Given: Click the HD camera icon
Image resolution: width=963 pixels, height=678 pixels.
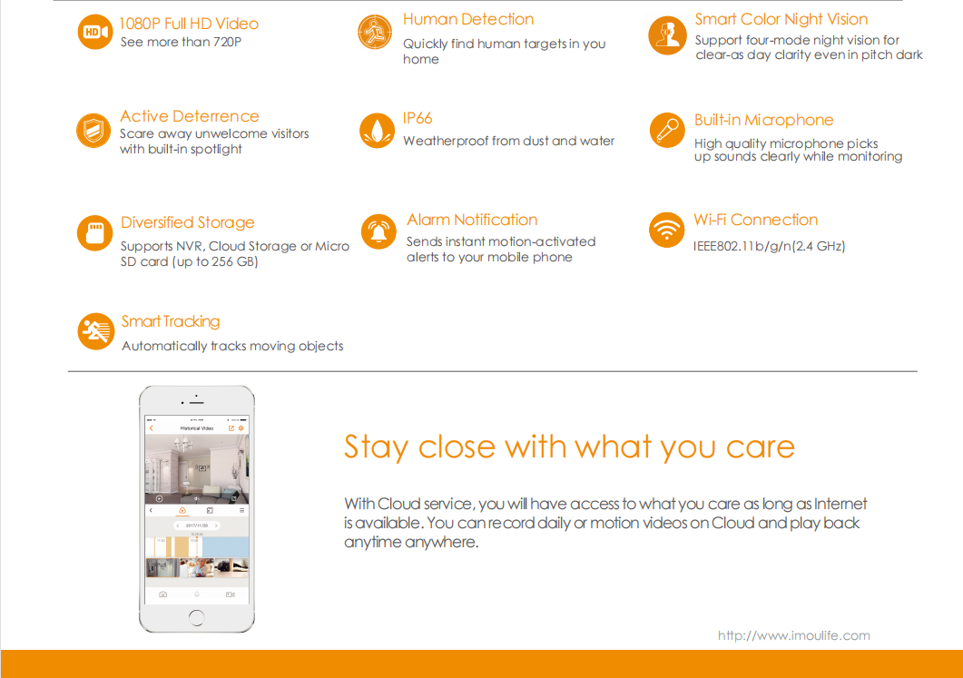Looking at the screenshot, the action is click(94, 32).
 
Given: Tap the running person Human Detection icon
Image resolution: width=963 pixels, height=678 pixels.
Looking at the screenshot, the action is click(375, 32).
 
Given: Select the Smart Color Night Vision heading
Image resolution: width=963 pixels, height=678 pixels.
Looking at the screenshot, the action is click(781, 20).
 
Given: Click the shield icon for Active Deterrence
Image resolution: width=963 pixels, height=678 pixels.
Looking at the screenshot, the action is click(93, 130).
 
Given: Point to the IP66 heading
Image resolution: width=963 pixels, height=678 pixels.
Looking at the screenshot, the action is click(418, 118).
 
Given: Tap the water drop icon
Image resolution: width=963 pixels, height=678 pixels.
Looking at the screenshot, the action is click(377, 130).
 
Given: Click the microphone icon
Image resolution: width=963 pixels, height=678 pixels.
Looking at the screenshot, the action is click(667, 130).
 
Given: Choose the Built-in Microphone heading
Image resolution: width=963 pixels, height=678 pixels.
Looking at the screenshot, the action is click(763, 120).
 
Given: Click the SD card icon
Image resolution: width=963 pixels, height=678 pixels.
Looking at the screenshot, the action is click(94, 233).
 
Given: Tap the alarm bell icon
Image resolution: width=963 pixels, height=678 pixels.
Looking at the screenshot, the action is click(378, 231).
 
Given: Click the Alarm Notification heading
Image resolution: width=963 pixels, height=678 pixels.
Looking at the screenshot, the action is click(472, 220).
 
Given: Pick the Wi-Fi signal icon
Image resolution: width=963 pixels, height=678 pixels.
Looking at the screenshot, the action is click(666, 230).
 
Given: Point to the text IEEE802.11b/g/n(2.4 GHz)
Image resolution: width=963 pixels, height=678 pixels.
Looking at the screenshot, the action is click(769, 246).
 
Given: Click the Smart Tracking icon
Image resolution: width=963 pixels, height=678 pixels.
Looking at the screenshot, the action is click(96, 331).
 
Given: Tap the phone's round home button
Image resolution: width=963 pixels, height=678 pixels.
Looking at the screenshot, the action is click(197, 617).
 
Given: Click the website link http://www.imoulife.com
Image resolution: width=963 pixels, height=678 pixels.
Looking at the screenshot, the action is click(793, 635).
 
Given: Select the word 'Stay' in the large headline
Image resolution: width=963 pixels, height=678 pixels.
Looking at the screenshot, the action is click(376, 447).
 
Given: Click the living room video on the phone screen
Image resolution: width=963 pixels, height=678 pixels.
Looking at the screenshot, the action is click(197, 469).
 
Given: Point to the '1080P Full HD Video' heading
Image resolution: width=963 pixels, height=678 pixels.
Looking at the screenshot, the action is click(189, 24).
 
